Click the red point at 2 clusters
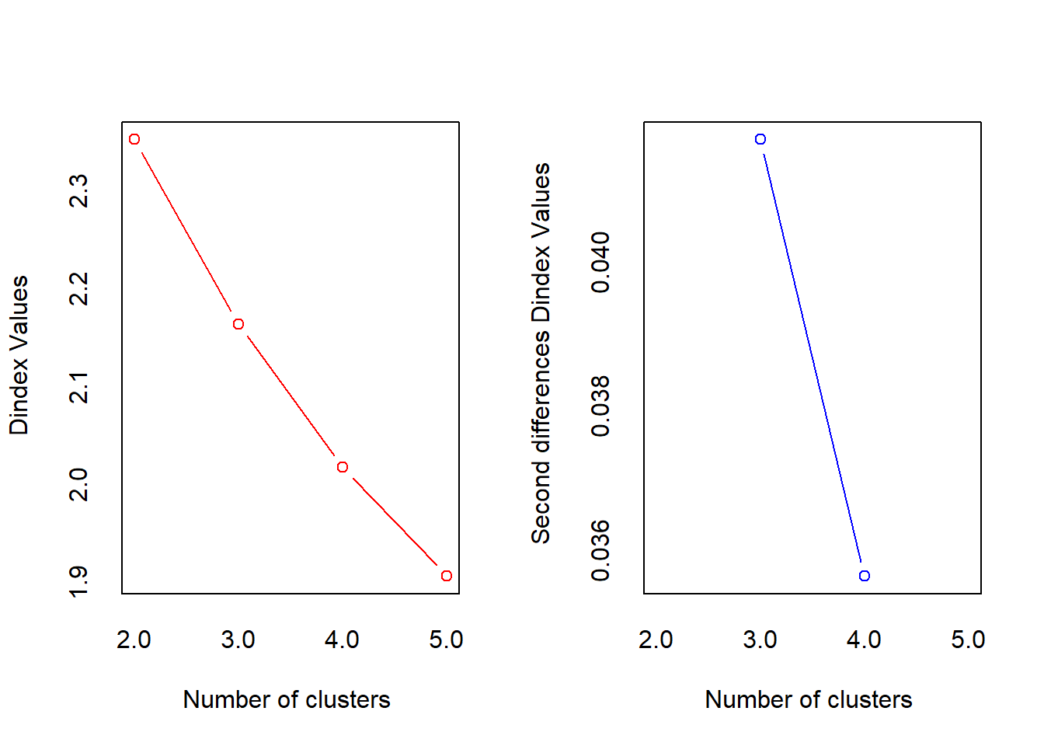(134, 139)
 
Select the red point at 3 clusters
(238, 324)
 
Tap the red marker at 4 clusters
(343, 467)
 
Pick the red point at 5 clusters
(447, 576)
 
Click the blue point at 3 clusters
(760, 139)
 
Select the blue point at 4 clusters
(865, 576)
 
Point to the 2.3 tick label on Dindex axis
(79, 190)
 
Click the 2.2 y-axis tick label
(79, 288)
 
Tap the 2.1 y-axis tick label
(79, 386)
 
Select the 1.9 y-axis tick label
(79, 582)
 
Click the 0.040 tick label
(601, 261)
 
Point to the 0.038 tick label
(601, 406)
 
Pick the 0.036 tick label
(601, 551)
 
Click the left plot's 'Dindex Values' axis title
(19, 355)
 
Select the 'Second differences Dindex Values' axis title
(541, 353)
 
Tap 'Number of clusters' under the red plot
(287, 699)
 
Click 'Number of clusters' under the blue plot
(809, 699)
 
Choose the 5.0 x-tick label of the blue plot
(968, 640)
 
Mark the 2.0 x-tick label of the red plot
(134, 640)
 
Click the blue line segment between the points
(813, 357)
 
